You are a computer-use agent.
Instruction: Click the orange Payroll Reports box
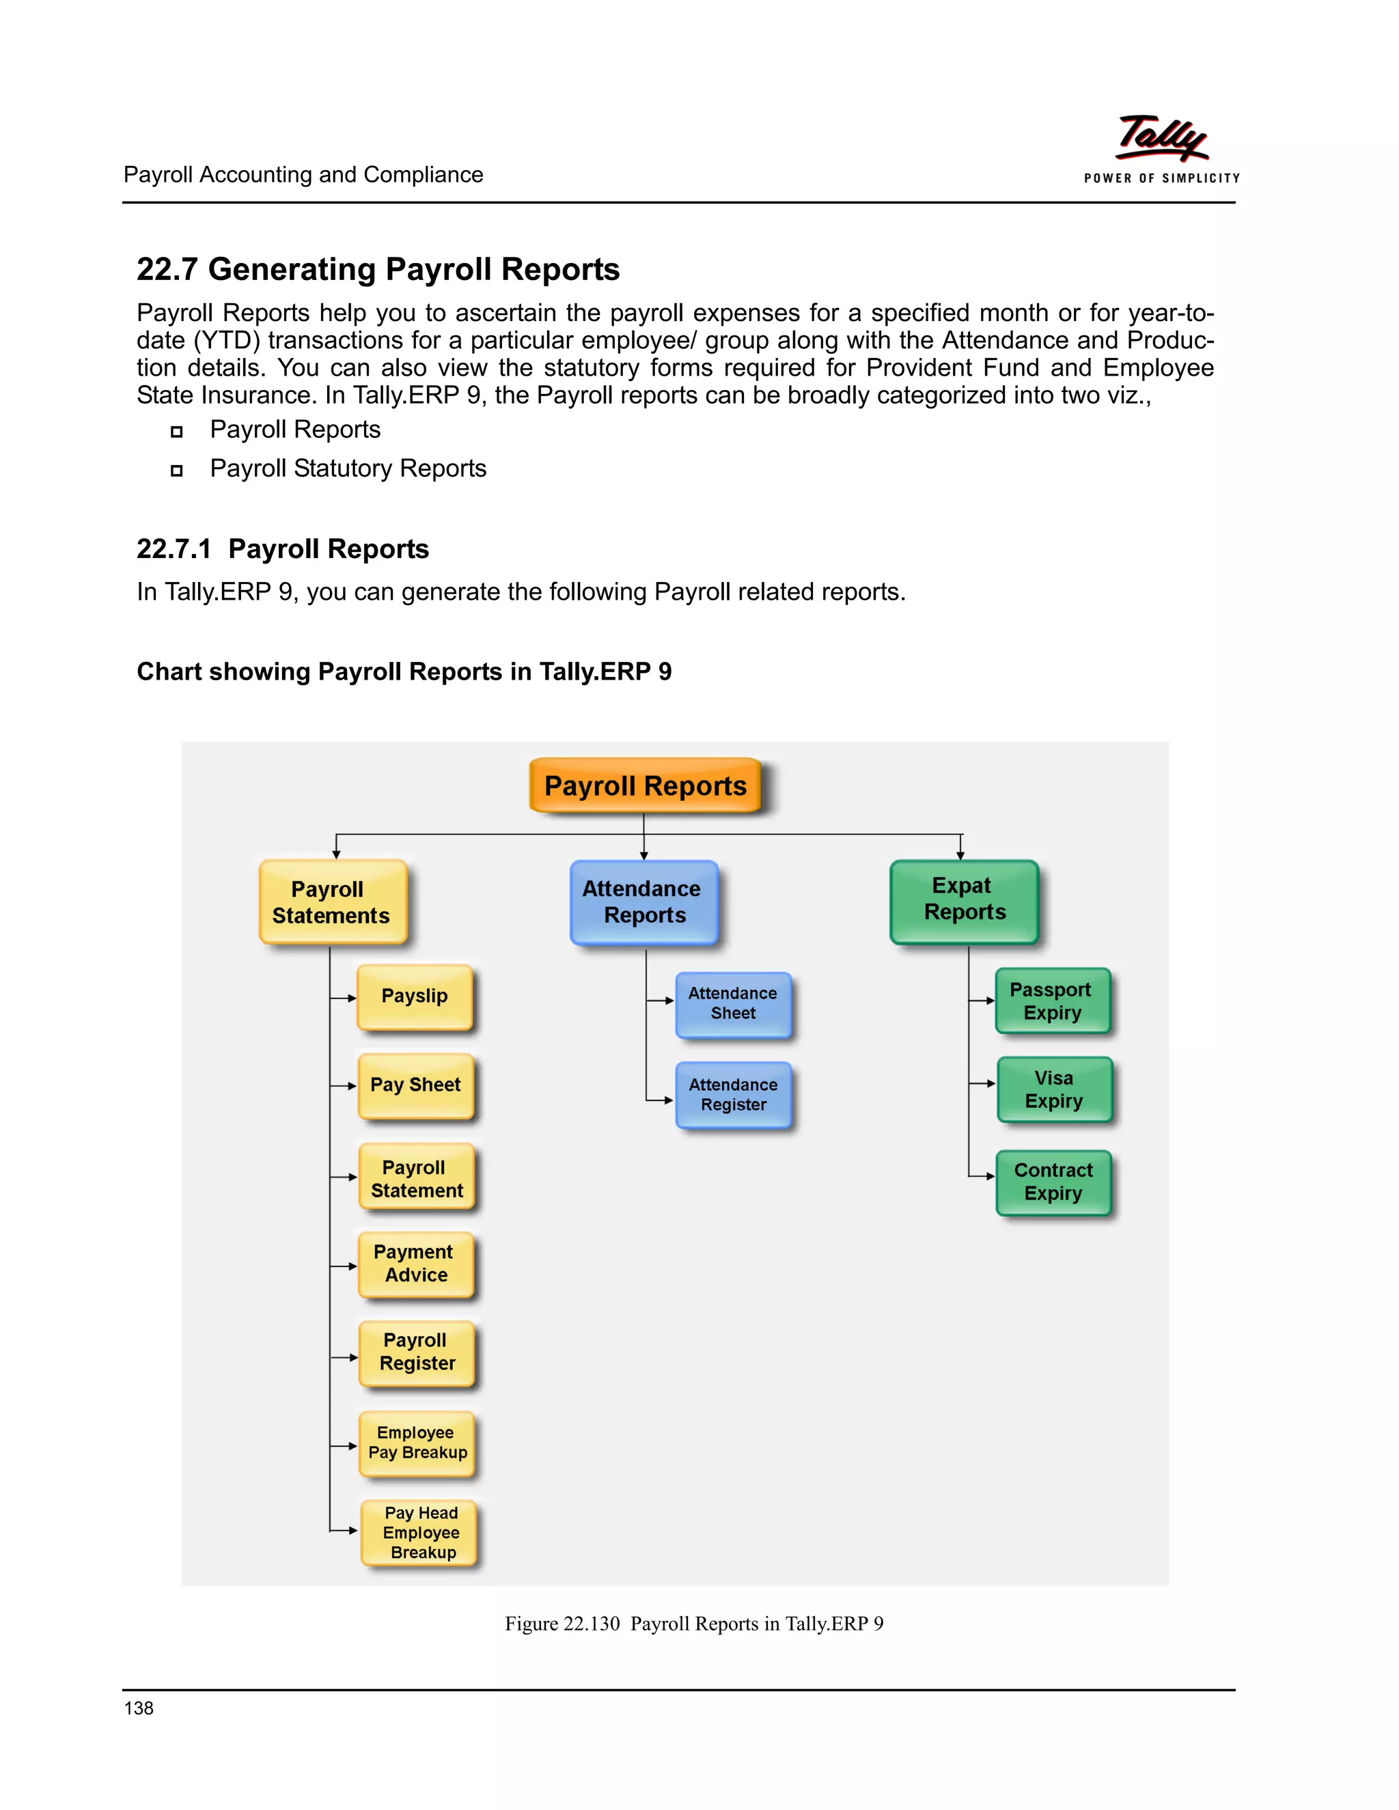645,785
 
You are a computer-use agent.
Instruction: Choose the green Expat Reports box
963,901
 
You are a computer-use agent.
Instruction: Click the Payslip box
415,997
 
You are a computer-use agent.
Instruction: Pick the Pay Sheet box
415,1086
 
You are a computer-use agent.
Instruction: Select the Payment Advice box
415,1264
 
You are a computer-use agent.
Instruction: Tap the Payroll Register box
416,1352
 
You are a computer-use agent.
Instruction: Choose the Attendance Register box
733,1095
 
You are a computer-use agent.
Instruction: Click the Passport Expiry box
1052,1001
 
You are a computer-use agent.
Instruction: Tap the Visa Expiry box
1053,1090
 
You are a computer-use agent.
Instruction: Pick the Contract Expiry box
1053,1182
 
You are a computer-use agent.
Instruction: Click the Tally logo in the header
1162,139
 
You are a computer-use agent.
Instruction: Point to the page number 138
139,1708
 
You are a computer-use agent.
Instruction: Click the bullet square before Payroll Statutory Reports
176,471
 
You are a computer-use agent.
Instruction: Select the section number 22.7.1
174,548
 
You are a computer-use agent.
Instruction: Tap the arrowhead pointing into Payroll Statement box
352,1177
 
